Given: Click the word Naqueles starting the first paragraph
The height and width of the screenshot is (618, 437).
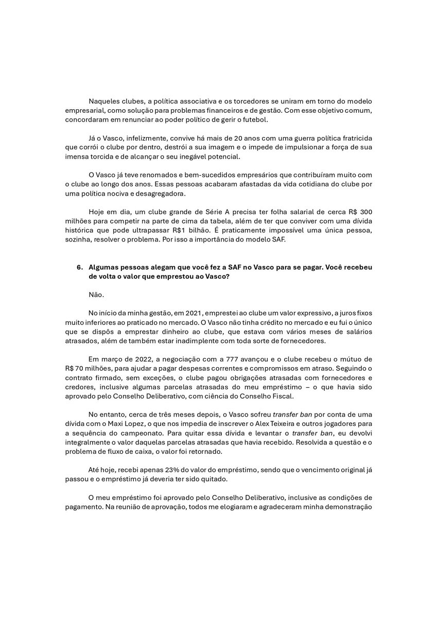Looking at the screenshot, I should point(105,99).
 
